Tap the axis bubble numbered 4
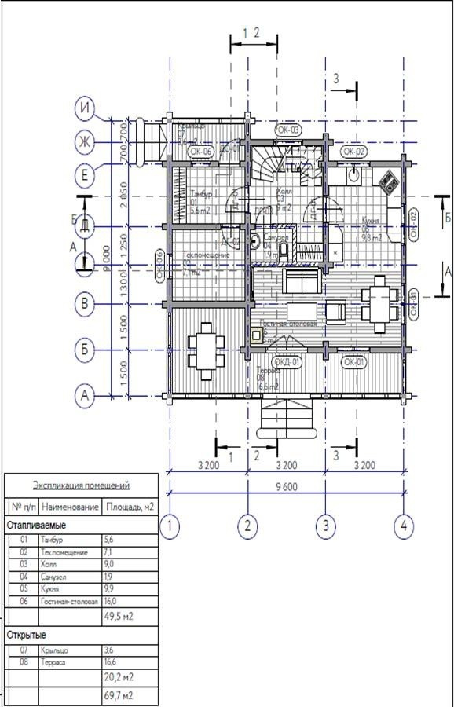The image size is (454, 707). (x=403, y=526)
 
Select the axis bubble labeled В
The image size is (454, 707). (x=85, y=302)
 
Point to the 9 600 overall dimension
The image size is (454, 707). (x=286, y=486)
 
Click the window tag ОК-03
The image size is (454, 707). (x=288, y=130)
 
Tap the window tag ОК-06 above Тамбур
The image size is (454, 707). (x=201, y=151)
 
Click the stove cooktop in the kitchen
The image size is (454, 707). (x=388, y=181)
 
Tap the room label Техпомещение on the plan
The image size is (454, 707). (x=206, y=256)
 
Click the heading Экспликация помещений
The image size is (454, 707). (x=81, y=485)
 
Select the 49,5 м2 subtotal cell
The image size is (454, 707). (x=119, y=617)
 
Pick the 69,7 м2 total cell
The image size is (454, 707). (x=119, y=696)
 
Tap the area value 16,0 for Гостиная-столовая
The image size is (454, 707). (x=111, y=602)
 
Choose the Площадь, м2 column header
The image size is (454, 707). (x=129, y=507)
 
